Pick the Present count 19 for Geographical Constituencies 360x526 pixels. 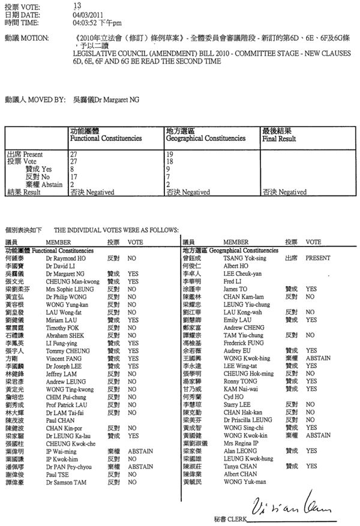click(169, 154)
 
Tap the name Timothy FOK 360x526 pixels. click(64, 328)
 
